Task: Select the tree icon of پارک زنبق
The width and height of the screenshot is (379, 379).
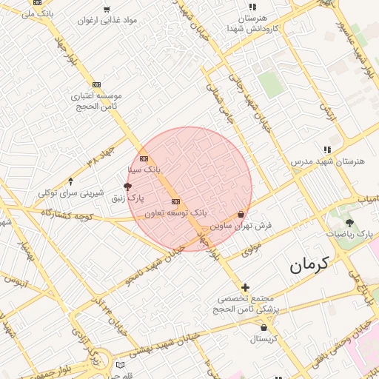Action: tap(127, 187)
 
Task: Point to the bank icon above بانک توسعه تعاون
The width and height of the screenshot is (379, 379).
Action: tap(175, 201)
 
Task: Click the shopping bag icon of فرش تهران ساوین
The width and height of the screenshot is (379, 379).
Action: tap(241, 215)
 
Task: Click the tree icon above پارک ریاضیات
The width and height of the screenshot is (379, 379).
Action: tap(349, 223)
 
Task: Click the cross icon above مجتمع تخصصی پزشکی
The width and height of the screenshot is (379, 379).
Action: tap(246, 287)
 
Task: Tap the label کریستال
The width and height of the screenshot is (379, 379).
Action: tap(263, 338)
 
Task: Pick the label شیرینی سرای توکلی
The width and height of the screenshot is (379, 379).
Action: tap(71, 193)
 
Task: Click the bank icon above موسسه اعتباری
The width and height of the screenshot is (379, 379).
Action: tap(96, 85)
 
